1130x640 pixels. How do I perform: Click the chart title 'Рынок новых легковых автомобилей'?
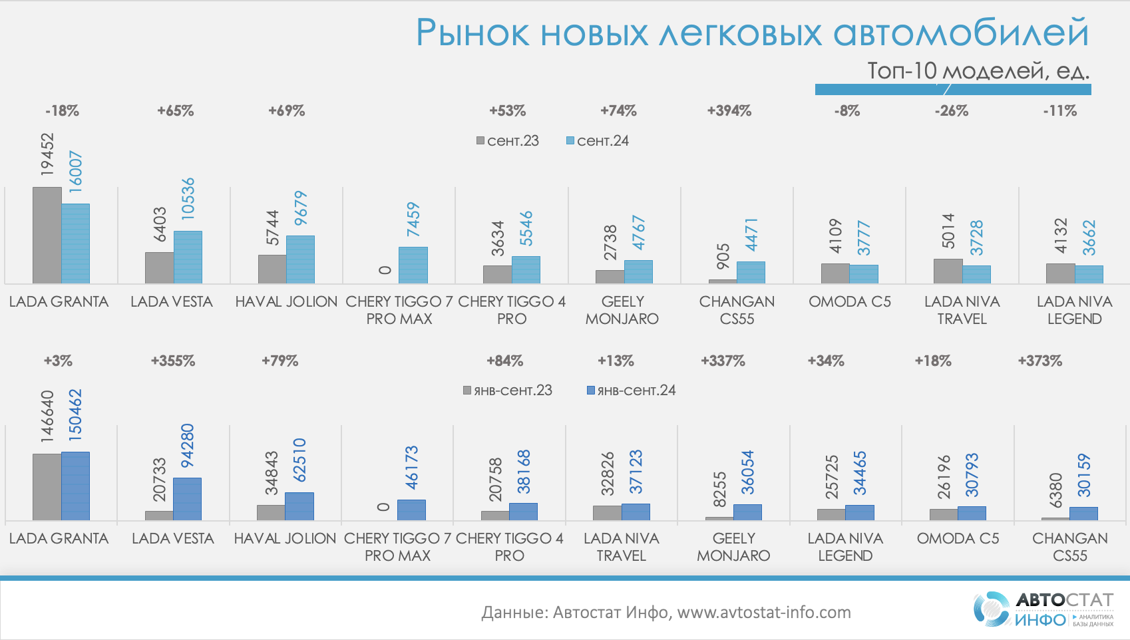(752, 33)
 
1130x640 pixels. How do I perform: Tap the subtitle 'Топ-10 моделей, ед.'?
(978, 71)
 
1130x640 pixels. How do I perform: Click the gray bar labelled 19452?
(47, 236)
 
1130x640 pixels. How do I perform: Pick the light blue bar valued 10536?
(188, 257)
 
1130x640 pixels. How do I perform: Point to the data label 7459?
(413, 220)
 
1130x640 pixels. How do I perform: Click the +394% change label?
(729, 111)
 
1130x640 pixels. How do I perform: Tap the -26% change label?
(951, 111)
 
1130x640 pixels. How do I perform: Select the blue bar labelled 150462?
(75, 486)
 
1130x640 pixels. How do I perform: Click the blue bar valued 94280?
(187, 499)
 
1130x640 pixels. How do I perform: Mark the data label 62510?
(299, 460)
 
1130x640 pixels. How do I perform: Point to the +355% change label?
(173, 361)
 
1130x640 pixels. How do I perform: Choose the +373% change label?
(1039, 361)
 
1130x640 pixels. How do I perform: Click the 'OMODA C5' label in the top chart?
(850, 302)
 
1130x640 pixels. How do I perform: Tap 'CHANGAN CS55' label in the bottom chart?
(1070, 547)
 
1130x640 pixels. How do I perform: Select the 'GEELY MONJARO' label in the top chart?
(622, 310)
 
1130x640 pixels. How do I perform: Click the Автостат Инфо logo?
(1043, 609)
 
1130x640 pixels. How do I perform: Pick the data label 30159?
(1084, 475)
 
